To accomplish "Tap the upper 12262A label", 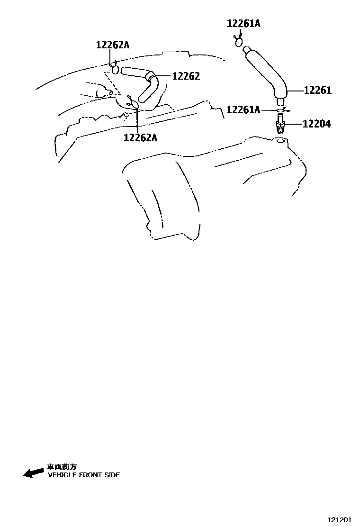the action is point(113,45).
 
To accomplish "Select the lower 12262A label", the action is point(140,137).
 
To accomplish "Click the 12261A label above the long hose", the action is point(243,23).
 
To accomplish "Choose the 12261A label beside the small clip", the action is point(243,110).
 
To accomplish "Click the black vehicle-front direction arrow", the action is point(34,472).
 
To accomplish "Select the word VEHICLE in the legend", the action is point(62,475).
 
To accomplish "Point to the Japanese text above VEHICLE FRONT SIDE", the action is point(62,467).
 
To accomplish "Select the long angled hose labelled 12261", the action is point(265,71).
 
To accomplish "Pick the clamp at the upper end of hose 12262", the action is point(115,70).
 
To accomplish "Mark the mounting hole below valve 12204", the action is point(280,141).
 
